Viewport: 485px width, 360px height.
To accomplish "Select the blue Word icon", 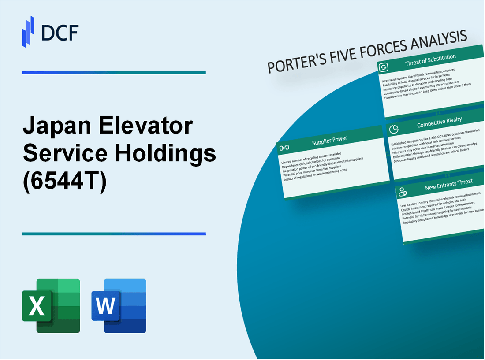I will [119, 305].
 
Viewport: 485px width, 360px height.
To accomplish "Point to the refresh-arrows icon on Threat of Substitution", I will [384, 67].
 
